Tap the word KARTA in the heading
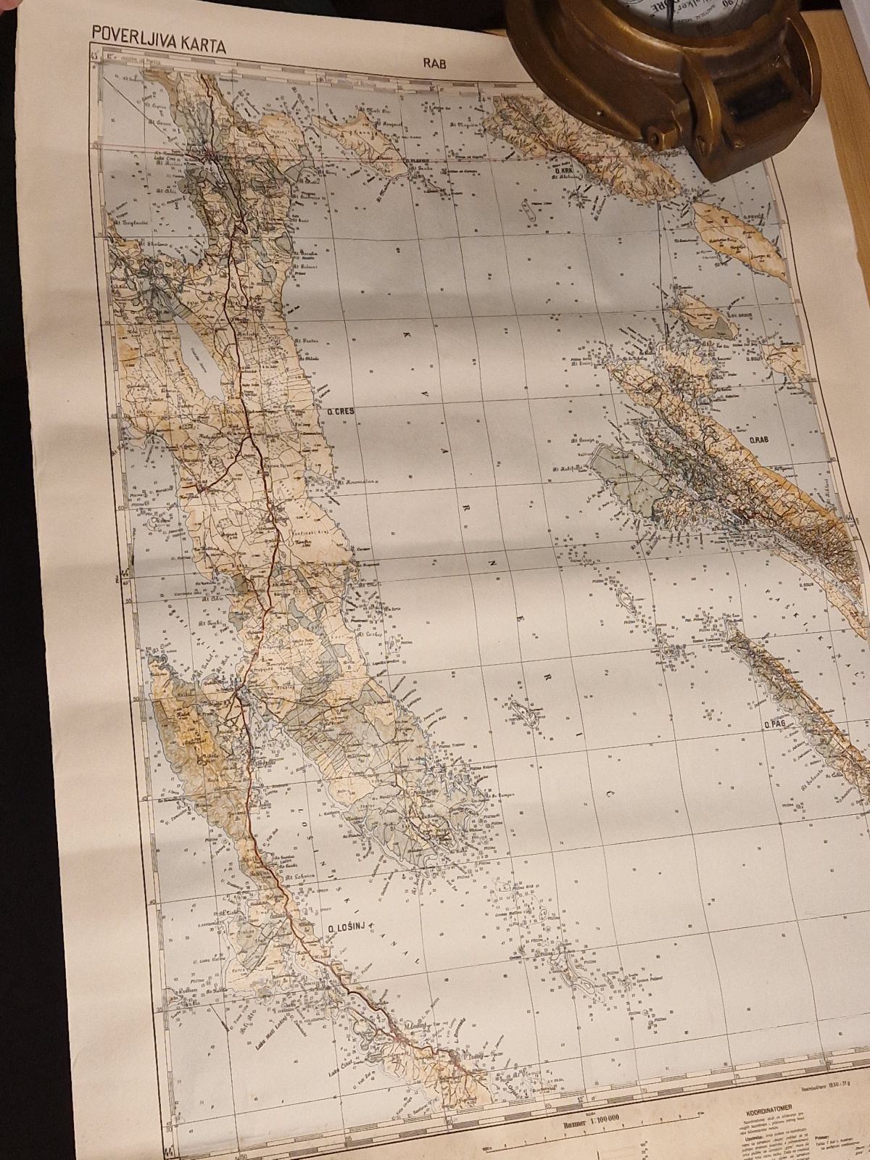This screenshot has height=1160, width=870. (201, 46)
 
